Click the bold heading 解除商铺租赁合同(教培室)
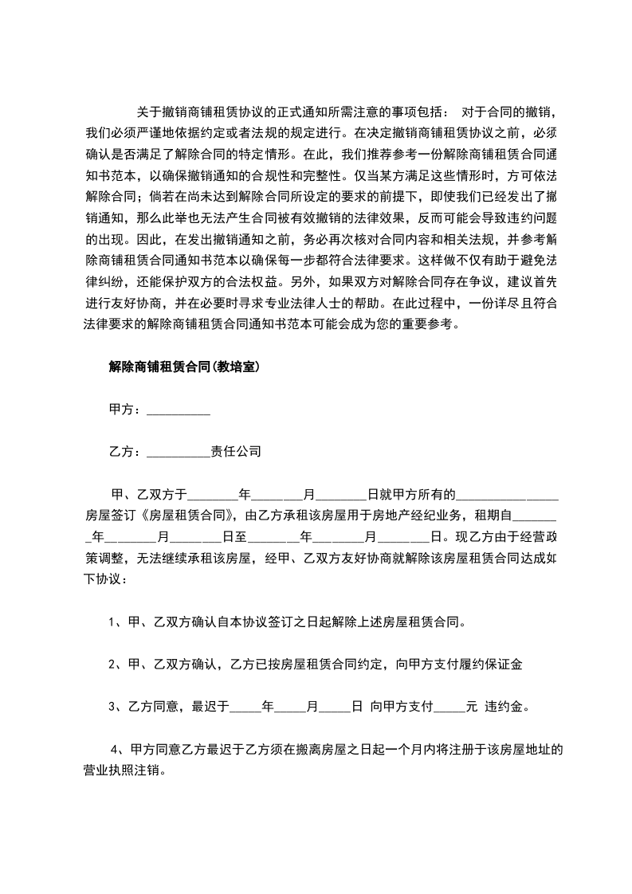pyautogui.click(x=182, y=367)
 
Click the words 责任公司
pyautogui.click(x=235, y=451)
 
